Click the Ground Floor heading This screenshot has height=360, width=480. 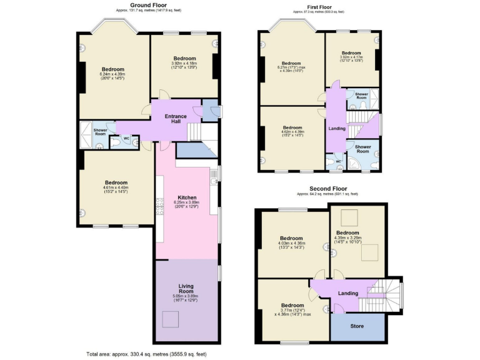[x=147, y=6]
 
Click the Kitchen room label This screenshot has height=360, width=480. [x=187, y=197]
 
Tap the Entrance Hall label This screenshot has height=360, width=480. [x=176, y=118]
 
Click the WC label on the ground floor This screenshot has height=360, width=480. [x=126, y=138]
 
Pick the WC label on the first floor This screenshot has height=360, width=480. [x=339, y=161]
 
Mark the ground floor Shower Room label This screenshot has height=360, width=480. [x=100, y=132]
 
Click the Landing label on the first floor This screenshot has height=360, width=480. [x=337, y=129]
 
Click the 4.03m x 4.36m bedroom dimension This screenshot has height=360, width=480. [x=291, y=243]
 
